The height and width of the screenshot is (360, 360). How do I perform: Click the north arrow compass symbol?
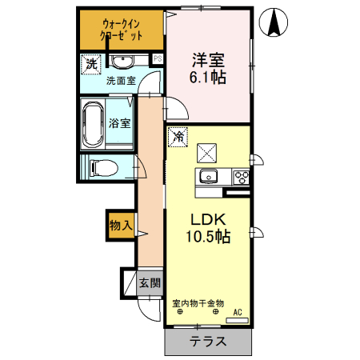tap(273, 22)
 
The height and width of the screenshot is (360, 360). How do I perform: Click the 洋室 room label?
tap(206, 58)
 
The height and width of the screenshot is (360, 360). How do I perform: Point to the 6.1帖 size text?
tap(207, 78)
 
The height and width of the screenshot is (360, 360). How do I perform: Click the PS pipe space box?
tap(158, 58)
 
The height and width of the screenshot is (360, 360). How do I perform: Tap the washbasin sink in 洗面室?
tap(123, 62)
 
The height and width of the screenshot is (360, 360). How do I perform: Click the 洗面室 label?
tap(121, 80)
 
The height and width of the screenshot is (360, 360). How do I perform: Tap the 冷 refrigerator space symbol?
tap(177, 137)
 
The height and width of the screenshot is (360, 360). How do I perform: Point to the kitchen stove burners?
tap(240, 176)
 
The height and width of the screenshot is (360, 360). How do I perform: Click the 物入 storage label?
tap(120, 226)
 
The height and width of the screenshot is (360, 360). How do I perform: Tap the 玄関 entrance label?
tap(150, 282)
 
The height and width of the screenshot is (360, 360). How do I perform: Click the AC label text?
tap(237, 312)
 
